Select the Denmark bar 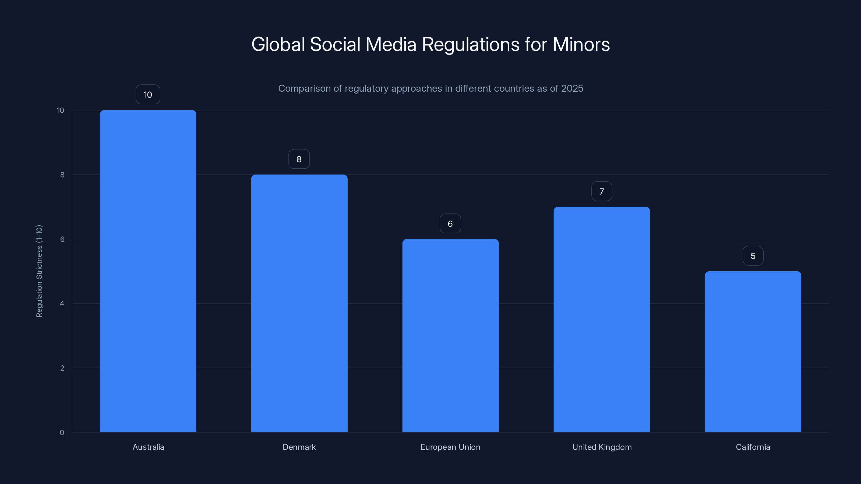(299, 303)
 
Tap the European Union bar (450, 335)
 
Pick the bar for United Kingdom (602, 319)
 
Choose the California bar (753, 351)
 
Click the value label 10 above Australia (148, 95)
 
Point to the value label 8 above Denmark (299, 159)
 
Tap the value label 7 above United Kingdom (602, 191)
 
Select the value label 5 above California (753, 256)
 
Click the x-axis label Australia (148, 447)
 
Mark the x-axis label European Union (450, 447)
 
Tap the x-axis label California (753, 447)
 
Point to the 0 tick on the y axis (62, 433)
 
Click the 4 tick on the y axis (62, 304)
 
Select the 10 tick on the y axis (61, 110)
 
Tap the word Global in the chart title (278, 44)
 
